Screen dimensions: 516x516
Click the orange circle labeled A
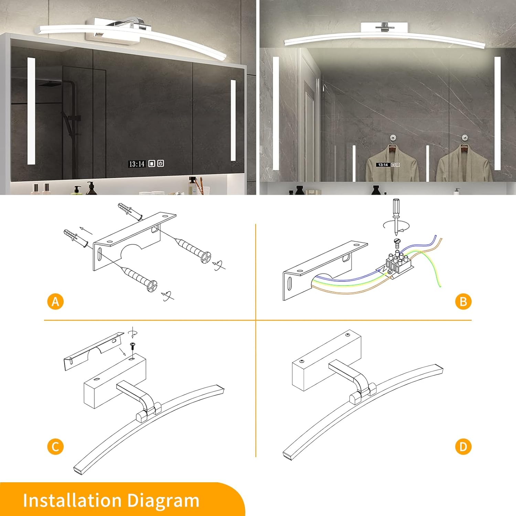coord(55,302)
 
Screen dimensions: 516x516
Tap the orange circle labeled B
coord(463,302)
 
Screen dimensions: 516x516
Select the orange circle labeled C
coord(55,447)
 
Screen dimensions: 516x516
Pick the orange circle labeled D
coord(463,447)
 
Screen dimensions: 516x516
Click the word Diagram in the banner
coord(163,501)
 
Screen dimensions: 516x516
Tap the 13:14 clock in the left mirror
coord(137,164)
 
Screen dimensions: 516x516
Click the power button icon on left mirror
coord(161,163)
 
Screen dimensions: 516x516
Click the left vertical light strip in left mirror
coord(31,111)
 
